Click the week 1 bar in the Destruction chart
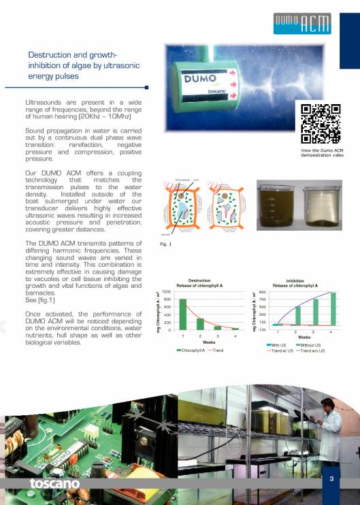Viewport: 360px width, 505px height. [182, 314]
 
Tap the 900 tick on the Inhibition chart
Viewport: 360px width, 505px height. [261, 293]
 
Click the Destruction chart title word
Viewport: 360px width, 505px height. [199, 280]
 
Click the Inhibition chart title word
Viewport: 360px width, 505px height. [295, 280]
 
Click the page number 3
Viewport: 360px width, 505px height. [331, 479]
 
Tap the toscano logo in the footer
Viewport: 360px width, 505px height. [54, 483]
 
